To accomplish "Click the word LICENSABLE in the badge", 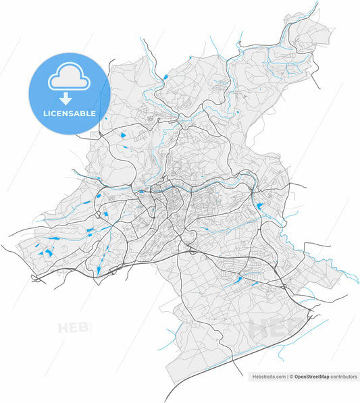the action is (69, 113).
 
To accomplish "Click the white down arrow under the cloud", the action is (69, 99).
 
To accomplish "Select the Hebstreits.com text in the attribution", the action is (269, 377).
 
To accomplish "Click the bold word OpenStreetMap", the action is (313, 377).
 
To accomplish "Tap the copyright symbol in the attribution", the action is (292, 377).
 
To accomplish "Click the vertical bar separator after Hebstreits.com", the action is (287, 377).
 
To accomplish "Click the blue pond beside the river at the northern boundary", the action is (164, 77).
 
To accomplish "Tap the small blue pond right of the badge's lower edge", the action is (123, 135).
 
